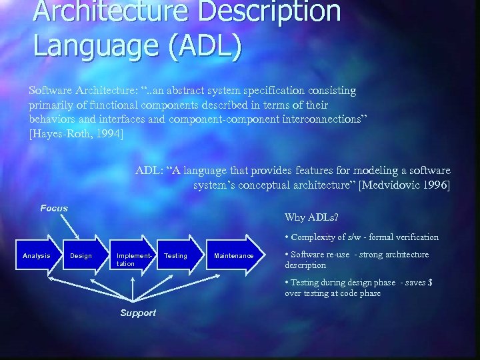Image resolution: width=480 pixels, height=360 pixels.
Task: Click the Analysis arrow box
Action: pos(37,255)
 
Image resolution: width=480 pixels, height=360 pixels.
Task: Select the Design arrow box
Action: pos(81,255)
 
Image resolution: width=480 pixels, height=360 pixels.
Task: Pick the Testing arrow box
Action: pos(176,255)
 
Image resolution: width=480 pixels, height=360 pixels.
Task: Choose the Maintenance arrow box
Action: pos(234,255)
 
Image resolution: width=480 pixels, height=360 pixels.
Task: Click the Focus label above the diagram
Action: pos(54,208)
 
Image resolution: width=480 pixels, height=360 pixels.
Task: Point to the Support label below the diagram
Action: pos(138,313)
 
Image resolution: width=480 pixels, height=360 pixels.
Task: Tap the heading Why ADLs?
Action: pos(311,217)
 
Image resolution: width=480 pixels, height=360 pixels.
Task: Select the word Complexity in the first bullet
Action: pos(315,237)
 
